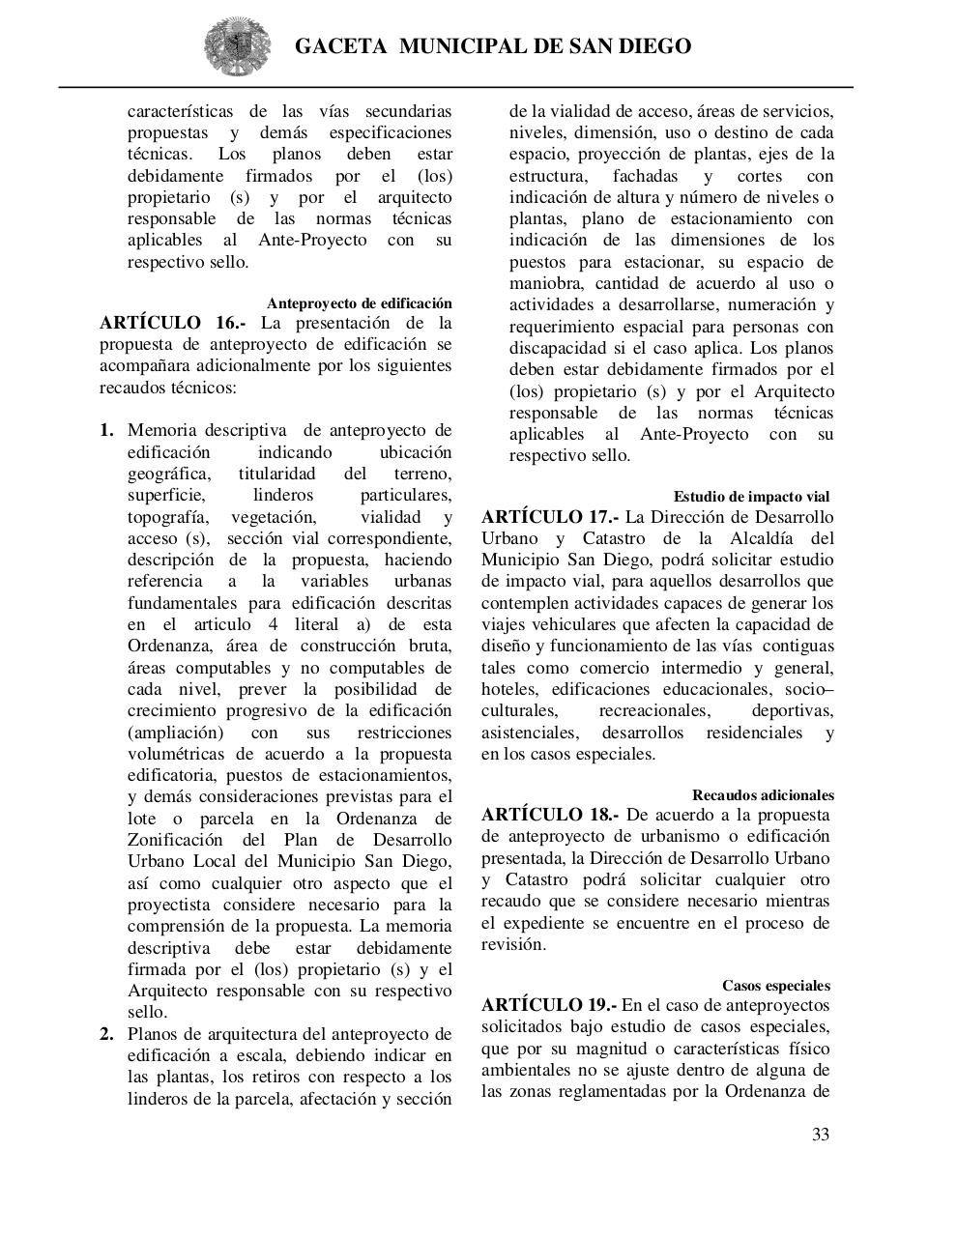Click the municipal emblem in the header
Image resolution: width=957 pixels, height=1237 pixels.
231,45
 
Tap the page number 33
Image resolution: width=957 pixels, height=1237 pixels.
820,1135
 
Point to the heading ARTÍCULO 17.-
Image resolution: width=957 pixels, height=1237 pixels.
550,517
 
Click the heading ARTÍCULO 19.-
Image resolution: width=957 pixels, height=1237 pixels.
548,1005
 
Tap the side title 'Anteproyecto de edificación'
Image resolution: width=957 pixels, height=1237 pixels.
360,303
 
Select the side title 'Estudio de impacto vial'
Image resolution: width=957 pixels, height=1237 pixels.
751,497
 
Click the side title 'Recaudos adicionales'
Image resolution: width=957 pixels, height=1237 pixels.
763,794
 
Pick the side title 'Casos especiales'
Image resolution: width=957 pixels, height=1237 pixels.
775,986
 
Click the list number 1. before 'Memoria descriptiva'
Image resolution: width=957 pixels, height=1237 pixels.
107,430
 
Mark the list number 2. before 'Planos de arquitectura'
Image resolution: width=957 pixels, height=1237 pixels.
107,1034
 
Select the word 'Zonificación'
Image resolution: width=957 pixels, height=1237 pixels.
175,840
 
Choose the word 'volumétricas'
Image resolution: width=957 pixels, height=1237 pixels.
175,754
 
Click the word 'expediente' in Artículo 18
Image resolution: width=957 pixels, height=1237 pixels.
544,923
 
